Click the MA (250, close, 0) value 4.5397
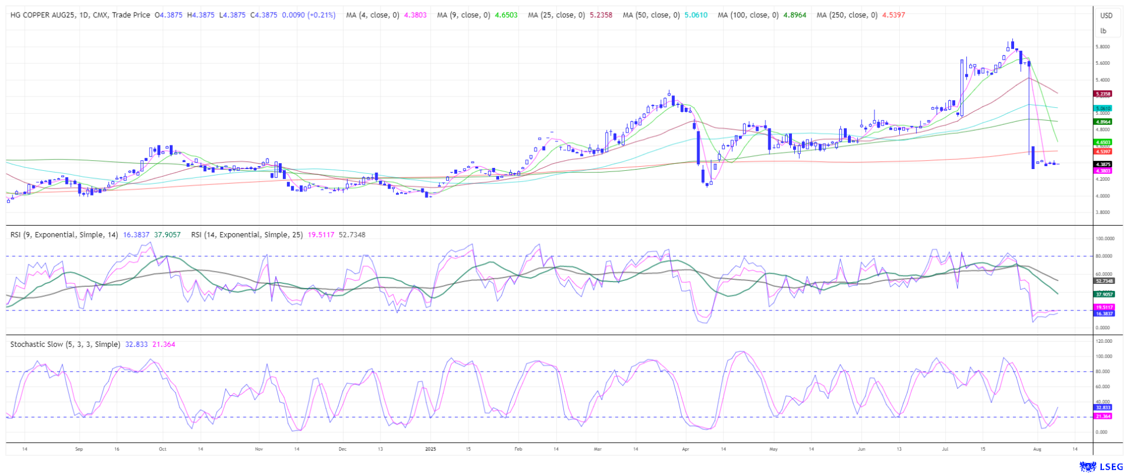tap(893, 15)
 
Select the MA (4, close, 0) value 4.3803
tap(415, 15)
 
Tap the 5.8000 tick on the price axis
tap(1102, 47)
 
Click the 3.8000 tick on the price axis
tap(1102, 212)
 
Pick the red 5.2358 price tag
tap(1102, 94)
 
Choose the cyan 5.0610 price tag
tap(1102, 108)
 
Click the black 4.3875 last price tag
tap(1102, 164)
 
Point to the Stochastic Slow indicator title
tap(65, 344)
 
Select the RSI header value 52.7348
tap(352, 234)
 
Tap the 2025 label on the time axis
tap(431, 449)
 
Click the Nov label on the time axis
tap(259, 449)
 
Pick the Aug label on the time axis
tap(1037, 449)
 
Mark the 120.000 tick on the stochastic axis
tap(1104, 341)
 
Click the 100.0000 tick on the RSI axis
tap(1105, 239)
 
